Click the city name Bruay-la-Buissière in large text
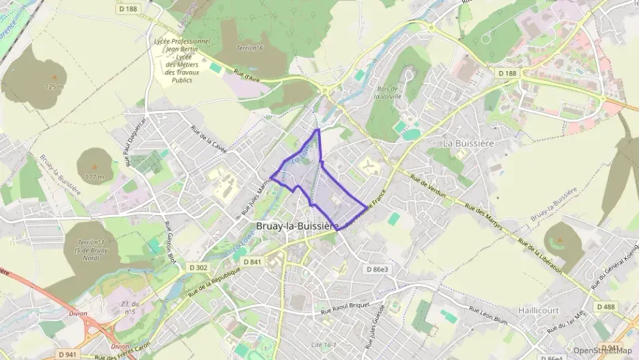[x=297, y=225]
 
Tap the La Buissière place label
[x=468, y=143]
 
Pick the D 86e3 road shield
[x=376, y=270]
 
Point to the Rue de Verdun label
[x=428, y=186]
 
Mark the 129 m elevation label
[x=54, y=87]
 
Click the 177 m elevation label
[x=95, y=178]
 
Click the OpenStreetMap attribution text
[x=602, y=350]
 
